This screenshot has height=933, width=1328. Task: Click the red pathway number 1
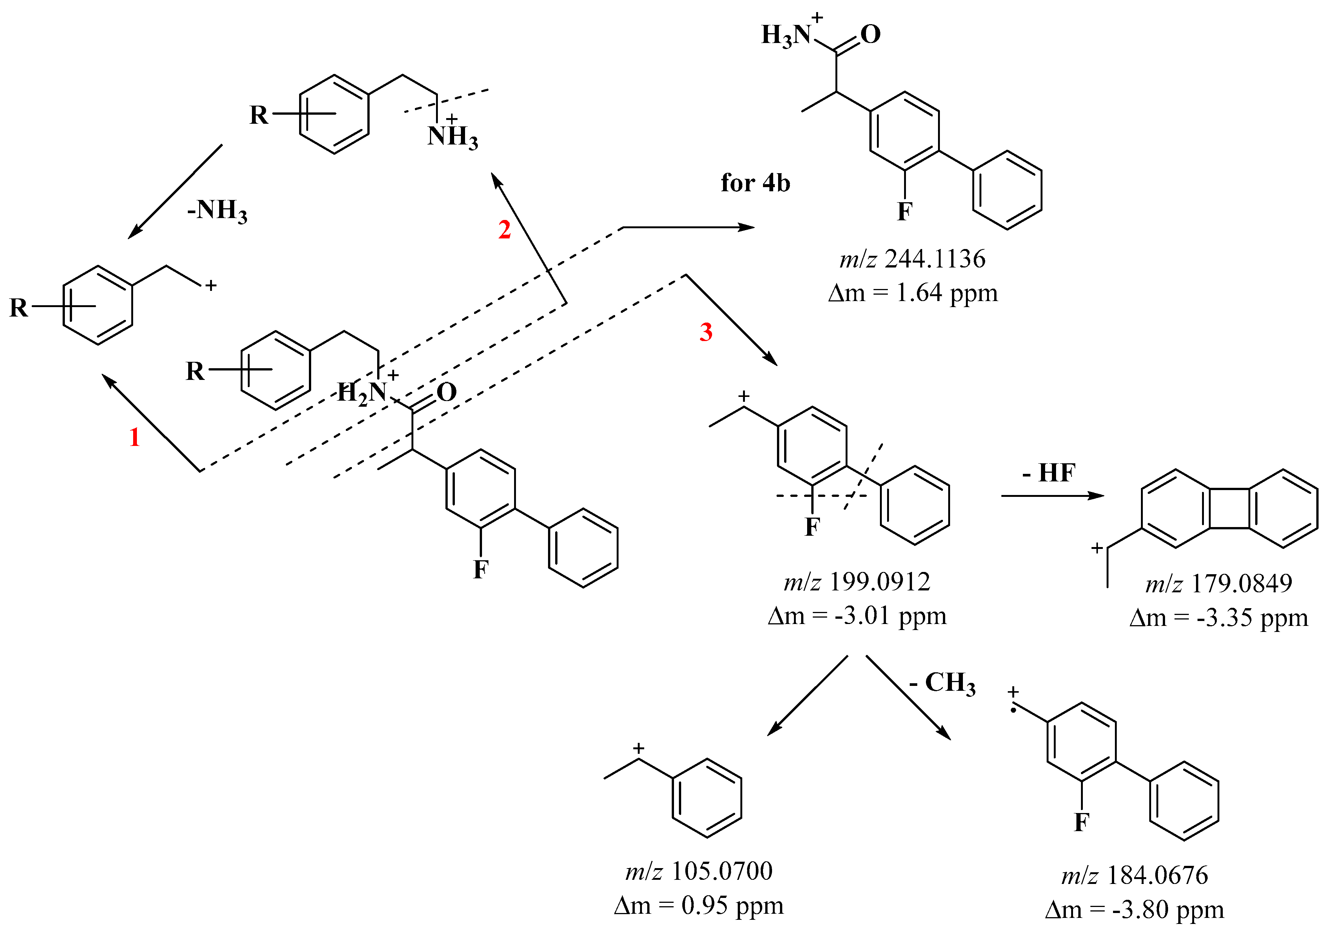[x=134, y=437]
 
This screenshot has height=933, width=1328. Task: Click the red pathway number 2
[x=504, y=230]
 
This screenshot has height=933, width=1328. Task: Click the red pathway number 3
[x=706, y=332]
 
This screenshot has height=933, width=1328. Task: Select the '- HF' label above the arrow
[x=1048, y=473]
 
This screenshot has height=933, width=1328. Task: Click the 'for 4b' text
[x=755, y=183]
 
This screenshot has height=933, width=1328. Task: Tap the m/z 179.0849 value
[x=1218, y=584]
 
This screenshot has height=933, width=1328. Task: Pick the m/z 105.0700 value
[x=699, y=871]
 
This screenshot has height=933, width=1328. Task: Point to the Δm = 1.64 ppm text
[x=913, y=293]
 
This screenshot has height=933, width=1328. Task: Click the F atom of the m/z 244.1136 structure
[x=904, y=212]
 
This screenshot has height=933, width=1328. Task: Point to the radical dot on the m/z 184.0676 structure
[x=1013, y=710]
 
